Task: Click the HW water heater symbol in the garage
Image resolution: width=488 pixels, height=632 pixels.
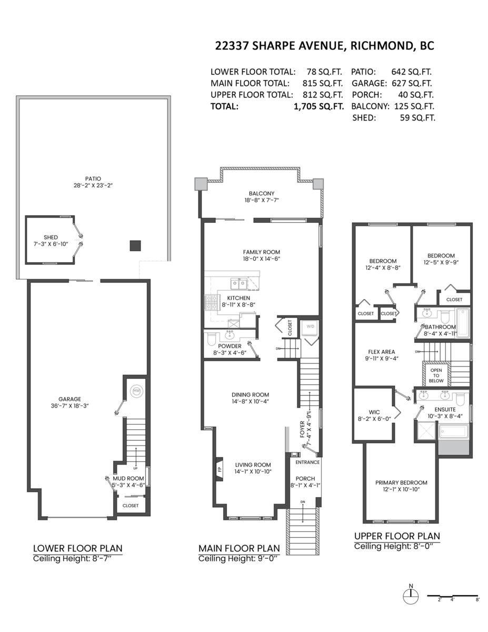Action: click(x=137, y=391)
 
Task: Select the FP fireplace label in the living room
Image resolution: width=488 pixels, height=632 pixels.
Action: click(x=220, y=468)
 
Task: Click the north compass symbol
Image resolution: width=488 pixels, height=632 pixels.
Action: click(x=410, y=596)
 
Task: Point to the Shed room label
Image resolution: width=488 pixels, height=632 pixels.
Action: click(x=51, y=237)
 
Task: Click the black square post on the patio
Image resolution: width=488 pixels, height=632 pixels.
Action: click(x=136, y=245)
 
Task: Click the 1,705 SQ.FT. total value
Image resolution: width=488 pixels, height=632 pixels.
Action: click(x=318, y=106)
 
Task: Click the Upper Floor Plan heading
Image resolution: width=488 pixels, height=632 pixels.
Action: click(x=397, y=536)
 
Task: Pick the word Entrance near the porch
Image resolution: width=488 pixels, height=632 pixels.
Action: click(x=307, y=462)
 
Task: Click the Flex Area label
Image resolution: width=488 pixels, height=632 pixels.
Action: click(x=382, y=352)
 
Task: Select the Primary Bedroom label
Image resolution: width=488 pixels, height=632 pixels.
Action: click(x=401, y=482)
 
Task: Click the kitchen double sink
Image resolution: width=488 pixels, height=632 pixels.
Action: click(x=237, y=284)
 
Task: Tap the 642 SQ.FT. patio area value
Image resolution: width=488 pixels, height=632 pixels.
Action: click(x=412, y=72)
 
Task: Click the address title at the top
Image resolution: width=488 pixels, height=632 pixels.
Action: click(x=325, y=45)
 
